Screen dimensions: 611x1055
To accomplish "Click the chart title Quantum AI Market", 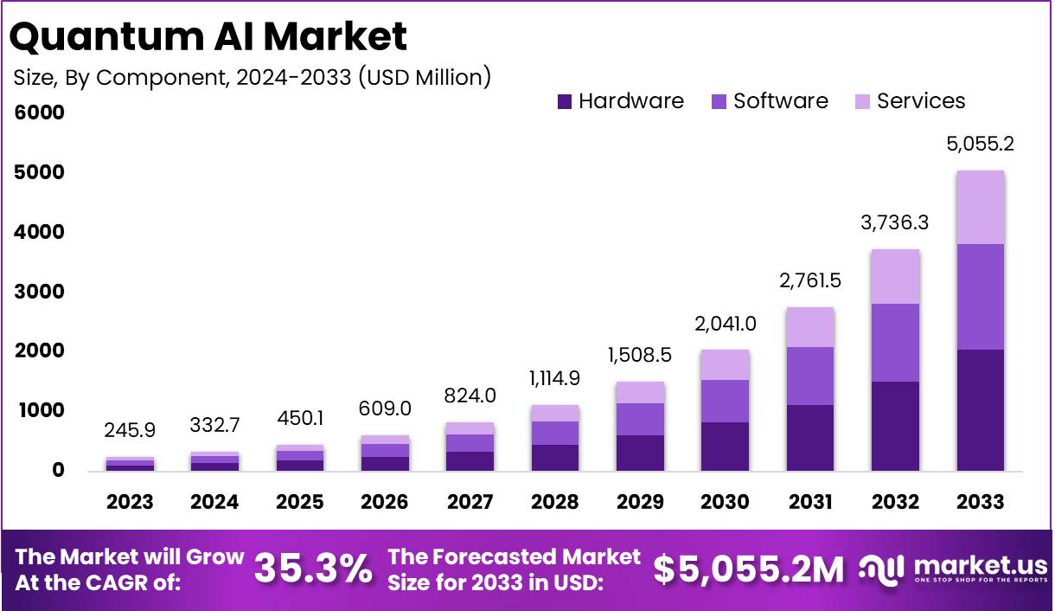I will tap(209, 36).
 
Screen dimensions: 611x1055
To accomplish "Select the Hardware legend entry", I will tap(621, 101).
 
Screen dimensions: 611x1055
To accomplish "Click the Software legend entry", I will tap(770, 101).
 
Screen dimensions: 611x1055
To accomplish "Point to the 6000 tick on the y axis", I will tap(39, 113).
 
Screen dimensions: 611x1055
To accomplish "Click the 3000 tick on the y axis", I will tap(39, 292).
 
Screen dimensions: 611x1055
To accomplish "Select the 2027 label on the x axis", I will tap(470, 502).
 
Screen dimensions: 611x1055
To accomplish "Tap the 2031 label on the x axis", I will tap(810, 502).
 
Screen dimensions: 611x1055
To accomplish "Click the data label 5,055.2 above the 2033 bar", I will tap(980, 144).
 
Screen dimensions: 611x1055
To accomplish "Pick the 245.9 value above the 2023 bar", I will tap(130, 430).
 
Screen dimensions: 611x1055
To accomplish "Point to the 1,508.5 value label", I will tap(640, 355).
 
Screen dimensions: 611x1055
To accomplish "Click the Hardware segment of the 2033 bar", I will tap(980, 410).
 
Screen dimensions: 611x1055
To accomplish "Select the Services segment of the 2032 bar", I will tap(895, 276).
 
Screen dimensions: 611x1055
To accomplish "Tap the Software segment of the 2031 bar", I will tap(810, 376).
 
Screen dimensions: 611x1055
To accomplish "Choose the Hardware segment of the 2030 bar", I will tap(725, 447).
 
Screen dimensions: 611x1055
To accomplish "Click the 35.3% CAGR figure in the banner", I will tap(313, 569).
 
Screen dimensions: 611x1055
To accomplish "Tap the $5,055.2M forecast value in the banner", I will tap(747, 569).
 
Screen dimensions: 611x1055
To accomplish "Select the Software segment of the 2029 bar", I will tap(640, 419).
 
